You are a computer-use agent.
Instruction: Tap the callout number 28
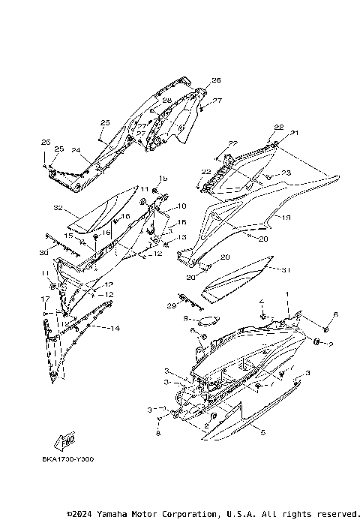[166, 100]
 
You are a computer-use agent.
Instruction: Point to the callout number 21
[295, 133]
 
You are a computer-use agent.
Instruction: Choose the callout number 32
[77, 206]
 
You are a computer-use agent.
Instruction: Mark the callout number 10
[181, 206]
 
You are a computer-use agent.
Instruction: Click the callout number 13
[181, 236]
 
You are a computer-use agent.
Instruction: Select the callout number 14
[115, 329]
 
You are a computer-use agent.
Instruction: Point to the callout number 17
[45, 299]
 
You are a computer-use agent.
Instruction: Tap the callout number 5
[262, 432]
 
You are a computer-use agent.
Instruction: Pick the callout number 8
[159, 434]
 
